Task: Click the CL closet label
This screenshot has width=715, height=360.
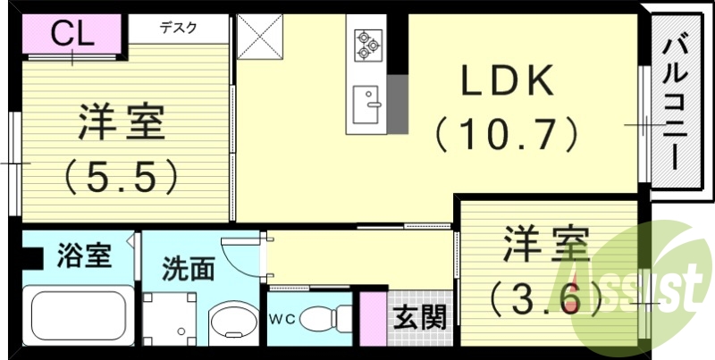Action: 71,35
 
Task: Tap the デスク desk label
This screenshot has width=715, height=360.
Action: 180,28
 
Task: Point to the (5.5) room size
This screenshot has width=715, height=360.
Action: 122,176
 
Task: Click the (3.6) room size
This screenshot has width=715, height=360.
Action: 545,296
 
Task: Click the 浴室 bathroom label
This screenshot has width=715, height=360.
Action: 84,256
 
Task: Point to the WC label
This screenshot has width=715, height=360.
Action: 282,318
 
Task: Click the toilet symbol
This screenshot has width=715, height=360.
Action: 322,318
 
